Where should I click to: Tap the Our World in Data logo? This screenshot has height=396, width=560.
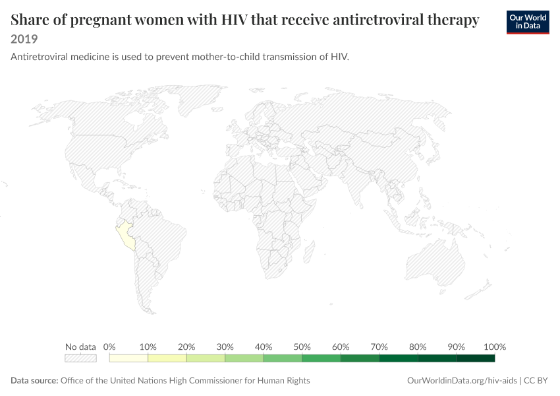pyautogui.click(x=528, y=22)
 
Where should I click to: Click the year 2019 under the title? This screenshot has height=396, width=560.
pyautogui.click(x=24, y=39)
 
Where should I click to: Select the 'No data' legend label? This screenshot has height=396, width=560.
pyautogui.click(x=80, y=346)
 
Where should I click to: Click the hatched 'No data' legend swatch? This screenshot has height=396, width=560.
pyautogui.click(x=80, y=358)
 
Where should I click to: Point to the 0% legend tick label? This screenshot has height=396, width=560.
pyautogui.click(x=109, y=346)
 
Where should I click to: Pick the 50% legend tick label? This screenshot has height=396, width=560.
pyautogui.click(x=302, y=346)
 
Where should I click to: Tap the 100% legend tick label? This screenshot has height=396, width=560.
pyautogui.click(x=495, y=346)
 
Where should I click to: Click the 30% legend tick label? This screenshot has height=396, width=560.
pyautogui.click(x=225, y=346)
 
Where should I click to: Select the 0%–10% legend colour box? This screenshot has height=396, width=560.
pyautogui.click(x=128, y=358)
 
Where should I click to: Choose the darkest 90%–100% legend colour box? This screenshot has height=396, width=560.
pyautogui.click(x=476, y=358)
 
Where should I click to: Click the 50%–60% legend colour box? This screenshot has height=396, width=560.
pyautogui.click(x=322, y=358)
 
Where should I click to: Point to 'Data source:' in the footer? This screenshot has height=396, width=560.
pyautogui.click(x=34, y=380)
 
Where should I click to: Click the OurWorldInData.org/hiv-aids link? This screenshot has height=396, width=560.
pyautogui.click(x=462, y=380)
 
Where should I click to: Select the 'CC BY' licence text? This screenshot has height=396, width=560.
pyautogui.click(x=536, y=380)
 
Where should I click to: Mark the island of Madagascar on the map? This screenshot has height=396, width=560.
pyautogui.click(x=309, y=252)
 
